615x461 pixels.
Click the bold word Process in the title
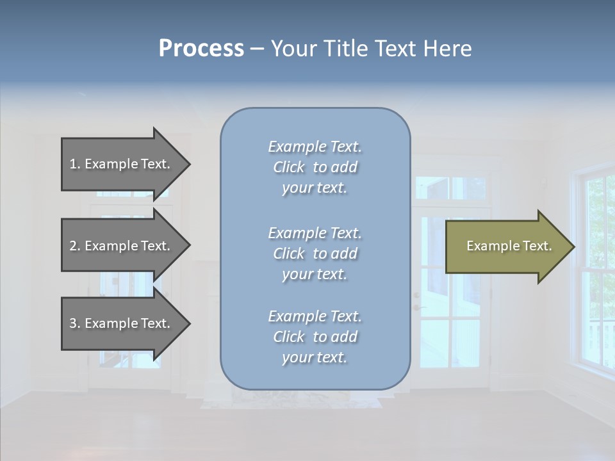coord(201,49)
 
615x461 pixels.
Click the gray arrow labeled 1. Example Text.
coord(122,164)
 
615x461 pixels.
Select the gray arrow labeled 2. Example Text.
coord(122,246)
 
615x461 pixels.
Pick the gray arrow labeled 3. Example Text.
coord(122,323)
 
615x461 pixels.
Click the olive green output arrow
coord(506,247)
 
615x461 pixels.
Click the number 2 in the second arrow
coord(73,246)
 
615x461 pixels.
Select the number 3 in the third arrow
coord(73,323)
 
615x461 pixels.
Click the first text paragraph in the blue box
coord(315,167)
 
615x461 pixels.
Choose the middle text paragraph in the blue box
coord(315,254)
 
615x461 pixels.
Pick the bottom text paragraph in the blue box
coord(315,337)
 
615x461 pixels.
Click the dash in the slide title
coord(258,49)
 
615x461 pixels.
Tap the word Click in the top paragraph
coord(289,167)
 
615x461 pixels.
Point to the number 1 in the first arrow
coord(73,164)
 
